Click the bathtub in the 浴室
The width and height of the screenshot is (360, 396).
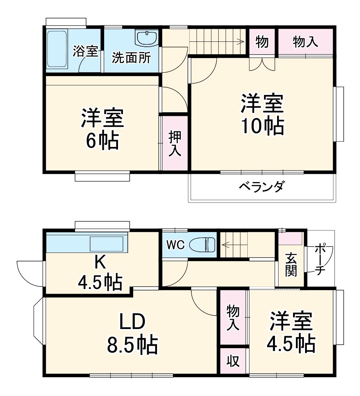tap(57, 50)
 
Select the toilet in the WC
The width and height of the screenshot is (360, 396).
tap(202, 244)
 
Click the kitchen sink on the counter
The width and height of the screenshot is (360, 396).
tap(106, 244)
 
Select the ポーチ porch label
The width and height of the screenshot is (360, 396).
tap(320, 259)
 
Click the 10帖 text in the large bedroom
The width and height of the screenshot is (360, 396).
tap(262, 126)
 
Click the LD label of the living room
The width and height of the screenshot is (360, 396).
tap(132, 322)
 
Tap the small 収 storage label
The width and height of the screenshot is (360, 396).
tap(233, 361)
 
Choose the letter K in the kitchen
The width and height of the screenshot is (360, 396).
tap(100, 262)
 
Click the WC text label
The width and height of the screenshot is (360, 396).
tap(176, 245)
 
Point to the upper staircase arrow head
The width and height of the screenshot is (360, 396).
tap(242, 41)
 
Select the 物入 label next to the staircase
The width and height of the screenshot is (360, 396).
tap(305, 42)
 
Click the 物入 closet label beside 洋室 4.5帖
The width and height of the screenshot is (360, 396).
tap(233, 317)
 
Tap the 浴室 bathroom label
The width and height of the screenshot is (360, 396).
tap(85, 51)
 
